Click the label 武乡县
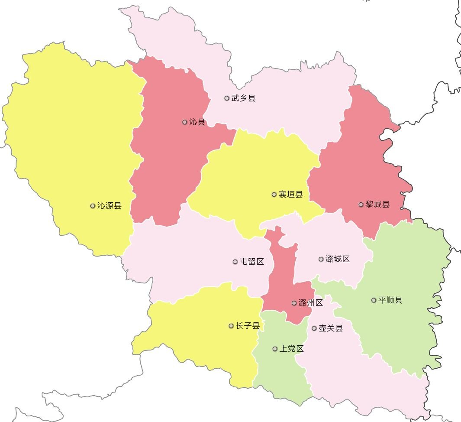(x=243, y=98)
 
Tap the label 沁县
(x=197, y=122)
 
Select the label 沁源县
(x=109, y=206)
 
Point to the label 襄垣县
(x=290, y=195)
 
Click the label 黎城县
(x=377, y=205)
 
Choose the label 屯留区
(x=252, y=262)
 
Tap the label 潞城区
(x=338, y=259)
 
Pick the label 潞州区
(x=311, y=303)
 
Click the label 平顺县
(x=390, y=300)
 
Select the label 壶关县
(x=331, y=328)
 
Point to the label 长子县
(x=248, y=326)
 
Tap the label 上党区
(x=291, y=349)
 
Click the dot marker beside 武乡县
(x=227, y=98)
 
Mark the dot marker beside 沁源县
(x=93, y=206)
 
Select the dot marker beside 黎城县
(x=361, y=205)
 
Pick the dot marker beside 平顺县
(x=374, y=300)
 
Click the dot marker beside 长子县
(x=231, y=326)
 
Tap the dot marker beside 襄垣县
(x=274, y=195)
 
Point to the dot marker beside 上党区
(x=275, y=349)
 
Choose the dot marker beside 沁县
(x=185, y=122)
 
